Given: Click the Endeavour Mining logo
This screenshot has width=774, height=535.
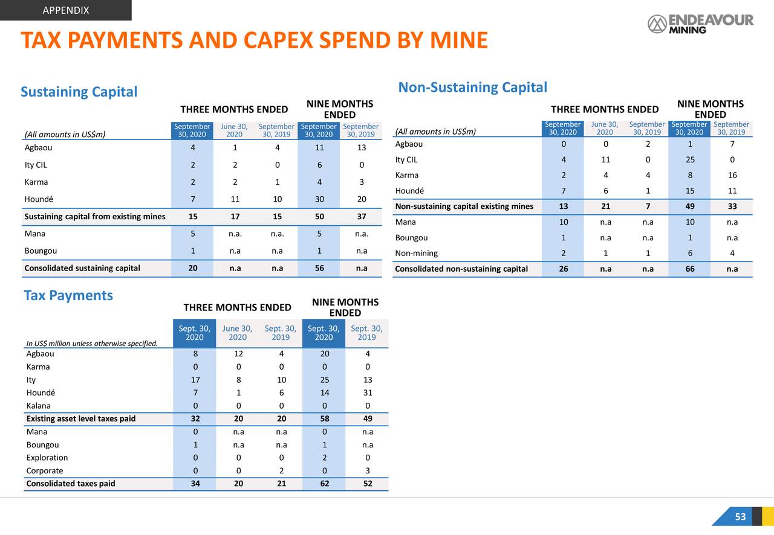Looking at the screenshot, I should point(700,24).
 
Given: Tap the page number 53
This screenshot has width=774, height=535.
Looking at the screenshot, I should point(740,517).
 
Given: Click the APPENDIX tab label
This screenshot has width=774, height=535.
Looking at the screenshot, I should point(66,10).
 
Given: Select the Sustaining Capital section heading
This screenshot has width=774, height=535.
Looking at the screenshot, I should point(79,92).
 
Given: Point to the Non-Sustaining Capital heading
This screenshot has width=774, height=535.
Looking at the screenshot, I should point(472,88).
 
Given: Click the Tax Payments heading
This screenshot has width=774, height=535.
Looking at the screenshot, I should point(68,295).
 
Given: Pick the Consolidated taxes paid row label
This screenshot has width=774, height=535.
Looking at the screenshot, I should point(71,483).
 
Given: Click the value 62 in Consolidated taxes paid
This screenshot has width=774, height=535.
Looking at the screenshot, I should point(324,483).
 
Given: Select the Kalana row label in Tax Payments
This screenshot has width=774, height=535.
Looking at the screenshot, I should point(39,406).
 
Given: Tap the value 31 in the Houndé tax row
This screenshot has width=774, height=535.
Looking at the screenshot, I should point(367,392).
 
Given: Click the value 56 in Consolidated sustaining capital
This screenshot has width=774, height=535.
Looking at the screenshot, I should point(319,268).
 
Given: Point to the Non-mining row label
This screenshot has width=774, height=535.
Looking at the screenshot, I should point(416,253).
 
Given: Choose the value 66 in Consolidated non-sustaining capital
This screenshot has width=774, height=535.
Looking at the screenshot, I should point(689,269).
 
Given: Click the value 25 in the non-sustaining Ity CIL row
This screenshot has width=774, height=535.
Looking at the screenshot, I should point(689,160).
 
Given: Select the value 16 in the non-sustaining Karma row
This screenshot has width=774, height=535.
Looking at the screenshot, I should point(732,176).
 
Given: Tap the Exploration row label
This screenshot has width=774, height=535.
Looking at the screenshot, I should point(47,458).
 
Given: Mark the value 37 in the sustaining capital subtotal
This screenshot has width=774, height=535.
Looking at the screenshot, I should point(361,217).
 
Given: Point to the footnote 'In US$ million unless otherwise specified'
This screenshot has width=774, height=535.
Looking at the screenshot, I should point(92,344).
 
